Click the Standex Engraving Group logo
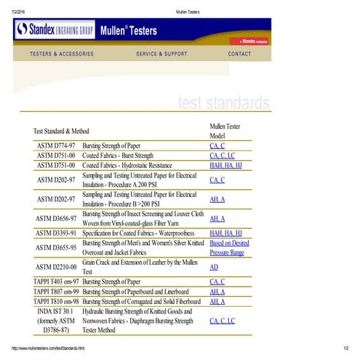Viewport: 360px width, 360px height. coord(53,31)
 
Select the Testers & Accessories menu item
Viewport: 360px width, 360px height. coord(62,54)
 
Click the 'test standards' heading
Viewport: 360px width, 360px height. coord(224,103)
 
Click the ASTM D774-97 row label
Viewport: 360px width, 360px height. coord(57,146)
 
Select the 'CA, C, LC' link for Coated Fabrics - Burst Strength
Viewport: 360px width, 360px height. coord(222,156)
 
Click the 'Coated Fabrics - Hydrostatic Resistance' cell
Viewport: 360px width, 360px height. coord(132,165)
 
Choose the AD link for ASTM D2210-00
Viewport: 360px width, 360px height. coord(213,267)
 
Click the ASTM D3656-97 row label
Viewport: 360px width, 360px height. coord(57,218)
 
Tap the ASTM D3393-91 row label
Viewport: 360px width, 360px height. coord(57,233)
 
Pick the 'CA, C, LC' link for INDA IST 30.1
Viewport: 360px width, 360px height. coord(222,321)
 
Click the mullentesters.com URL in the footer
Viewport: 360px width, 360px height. coord(48,348)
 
